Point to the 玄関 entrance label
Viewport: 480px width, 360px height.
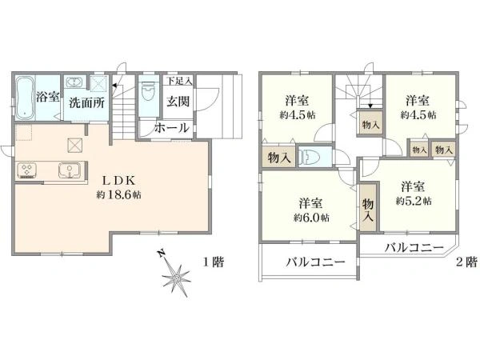tap(178, 102)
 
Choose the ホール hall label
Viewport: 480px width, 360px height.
tap(171, 128)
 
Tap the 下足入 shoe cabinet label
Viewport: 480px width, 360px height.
tap(179, 81)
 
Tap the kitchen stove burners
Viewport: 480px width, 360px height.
tap(29, 170)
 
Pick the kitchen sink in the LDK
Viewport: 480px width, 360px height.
tap(67, 170)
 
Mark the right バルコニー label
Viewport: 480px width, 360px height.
tap(413, 247)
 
